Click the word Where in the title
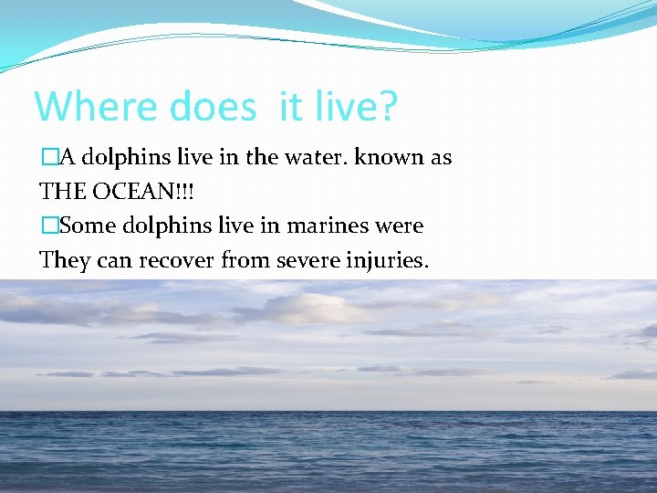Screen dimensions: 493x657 (97, 106)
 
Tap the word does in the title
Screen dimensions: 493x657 (213, 106)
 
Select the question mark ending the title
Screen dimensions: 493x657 (387, 106)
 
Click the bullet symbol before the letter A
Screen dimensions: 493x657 (48, 158)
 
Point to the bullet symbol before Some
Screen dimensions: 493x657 (48, 226)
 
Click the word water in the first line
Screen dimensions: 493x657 (315, 157)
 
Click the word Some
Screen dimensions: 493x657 (87, 226)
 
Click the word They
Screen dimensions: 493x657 (66, 260)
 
